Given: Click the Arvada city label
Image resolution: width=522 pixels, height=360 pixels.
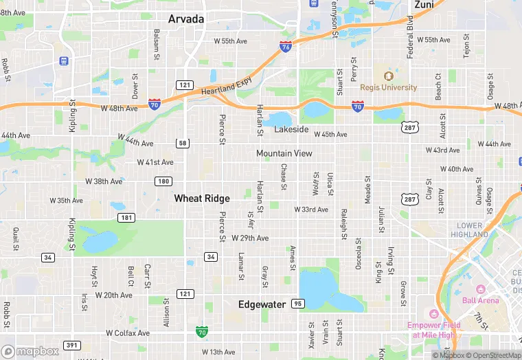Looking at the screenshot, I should [x=186, y=19].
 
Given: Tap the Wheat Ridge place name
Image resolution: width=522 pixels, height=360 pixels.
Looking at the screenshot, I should [x=202, y=198].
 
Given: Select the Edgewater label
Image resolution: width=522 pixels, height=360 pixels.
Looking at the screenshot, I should [x=262, y=304].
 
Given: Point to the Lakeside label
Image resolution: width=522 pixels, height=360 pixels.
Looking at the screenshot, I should [x=291, y=129].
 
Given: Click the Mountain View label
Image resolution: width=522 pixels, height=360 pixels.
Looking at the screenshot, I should [x=284, y=154].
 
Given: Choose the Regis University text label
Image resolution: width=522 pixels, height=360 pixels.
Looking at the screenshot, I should [x=388, y=87].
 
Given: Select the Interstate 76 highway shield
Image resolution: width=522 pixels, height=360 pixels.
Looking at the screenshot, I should [x=286, y=47].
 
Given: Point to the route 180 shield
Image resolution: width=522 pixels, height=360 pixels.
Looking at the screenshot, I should [x=163, y=181].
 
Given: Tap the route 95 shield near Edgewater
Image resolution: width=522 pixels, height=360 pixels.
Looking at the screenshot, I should [x=297, y=304].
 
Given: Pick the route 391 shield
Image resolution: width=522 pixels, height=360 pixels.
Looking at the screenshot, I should [x=71, y=345].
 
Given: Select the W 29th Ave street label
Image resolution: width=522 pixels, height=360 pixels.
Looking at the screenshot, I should [x=250, y=238].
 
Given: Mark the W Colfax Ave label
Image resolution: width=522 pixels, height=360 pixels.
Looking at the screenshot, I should [x=128, y=333].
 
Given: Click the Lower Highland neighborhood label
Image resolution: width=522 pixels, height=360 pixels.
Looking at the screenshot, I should [x=470, y=229].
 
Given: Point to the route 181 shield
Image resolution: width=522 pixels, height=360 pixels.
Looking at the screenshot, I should [x=126, y=218].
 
